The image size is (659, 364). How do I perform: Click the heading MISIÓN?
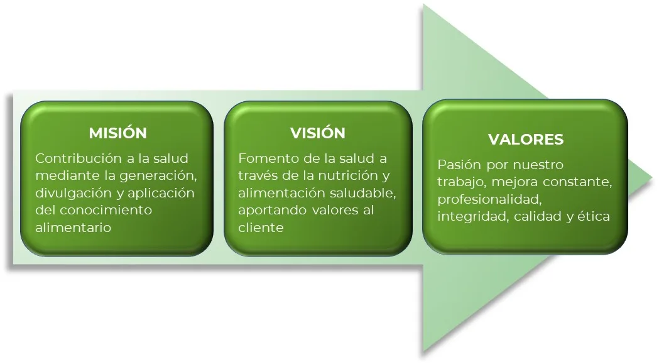[117, 133]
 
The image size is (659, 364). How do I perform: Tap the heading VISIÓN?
[318, 133]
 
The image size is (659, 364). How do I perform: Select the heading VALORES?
[526, 140]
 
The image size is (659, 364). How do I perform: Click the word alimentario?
[73, 227]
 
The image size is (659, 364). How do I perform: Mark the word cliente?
[261, 227]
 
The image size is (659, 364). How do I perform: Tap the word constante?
[577, 182]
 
